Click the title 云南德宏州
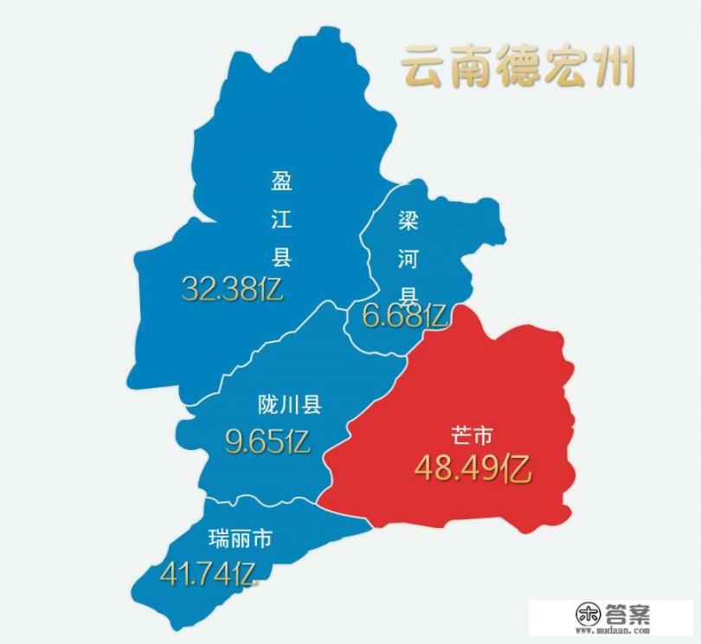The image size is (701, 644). point(518,68)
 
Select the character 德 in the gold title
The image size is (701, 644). point(518,68)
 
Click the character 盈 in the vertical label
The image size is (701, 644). point(281,181)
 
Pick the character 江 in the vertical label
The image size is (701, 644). point(281,219)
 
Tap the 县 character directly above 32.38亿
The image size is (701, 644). point(281,257)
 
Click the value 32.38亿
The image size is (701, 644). point(233,288)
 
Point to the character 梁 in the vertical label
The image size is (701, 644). point(408,220)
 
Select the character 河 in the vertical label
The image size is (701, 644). point(408,257)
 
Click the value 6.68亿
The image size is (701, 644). point(404,316)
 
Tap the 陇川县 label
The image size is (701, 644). point(290,404)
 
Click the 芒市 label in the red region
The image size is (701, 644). point(473,435)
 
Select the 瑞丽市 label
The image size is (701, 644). point(241,539)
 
